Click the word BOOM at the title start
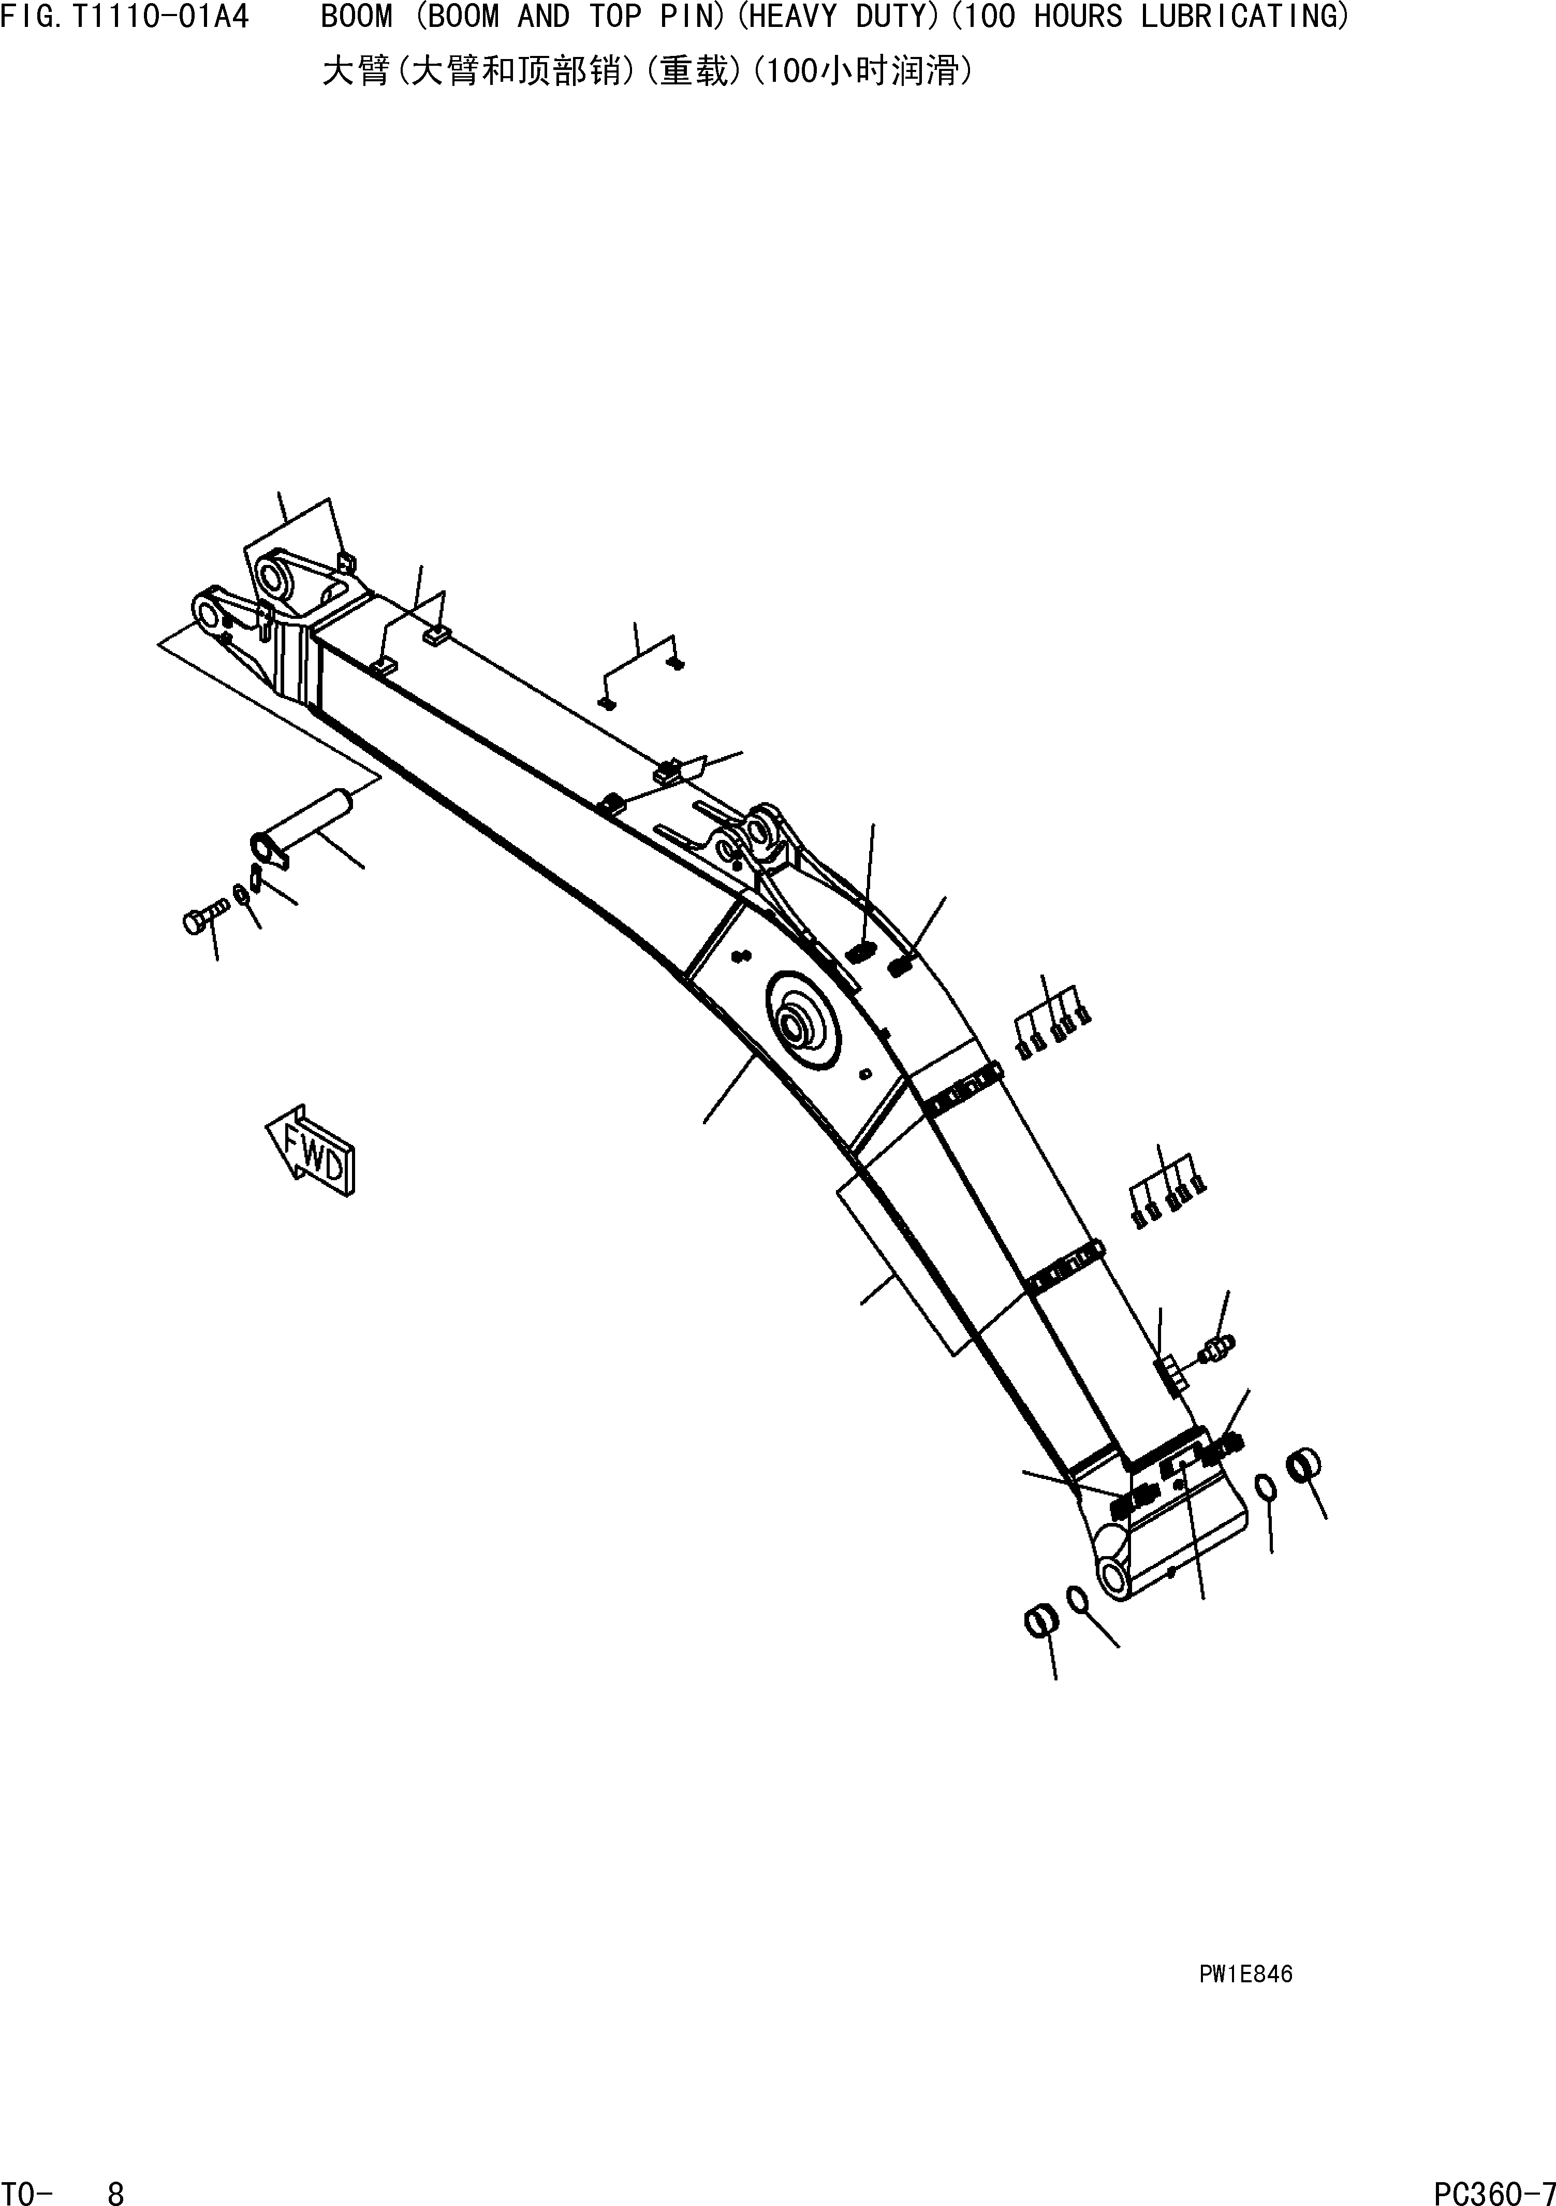356,17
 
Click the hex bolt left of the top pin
200,920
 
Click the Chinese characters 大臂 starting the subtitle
356,72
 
